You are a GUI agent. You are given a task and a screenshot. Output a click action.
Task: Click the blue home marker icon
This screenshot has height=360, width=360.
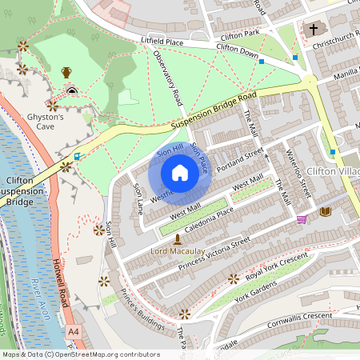(x=180, y=173)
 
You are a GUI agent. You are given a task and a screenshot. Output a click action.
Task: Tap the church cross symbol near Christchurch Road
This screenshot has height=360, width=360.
(x=314, y=30)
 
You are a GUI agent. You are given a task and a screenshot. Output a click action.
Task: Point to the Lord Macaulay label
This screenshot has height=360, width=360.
(x=178, y=251)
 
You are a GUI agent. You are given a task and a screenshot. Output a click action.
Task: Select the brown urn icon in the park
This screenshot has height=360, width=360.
(x=66, y=72)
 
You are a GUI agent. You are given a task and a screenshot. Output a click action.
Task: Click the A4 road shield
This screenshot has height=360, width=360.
(x=74, y=330)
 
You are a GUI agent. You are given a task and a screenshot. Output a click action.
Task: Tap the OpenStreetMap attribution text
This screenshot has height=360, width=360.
(x=80, y=354)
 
